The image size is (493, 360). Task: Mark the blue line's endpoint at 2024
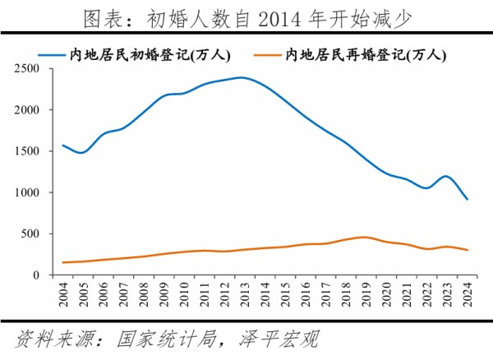pyautogui.click(x=468, y=200)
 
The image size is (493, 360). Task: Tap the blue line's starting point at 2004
pyautogui.click(x=63, y=145)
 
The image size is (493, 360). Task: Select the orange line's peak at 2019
pyautogui.click(x=366, y=238)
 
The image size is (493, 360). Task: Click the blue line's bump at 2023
pyautogui.click(x=447, y=177)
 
